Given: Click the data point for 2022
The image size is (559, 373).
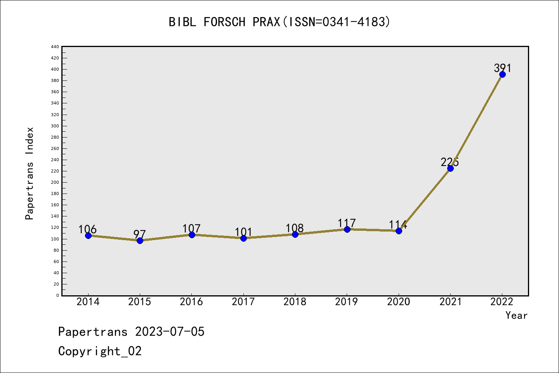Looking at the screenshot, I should tap(502, 75).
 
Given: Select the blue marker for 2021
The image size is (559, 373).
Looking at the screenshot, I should tap(450, 168).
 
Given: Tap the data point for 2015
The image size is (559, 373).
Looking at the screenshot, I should tap(140, 241).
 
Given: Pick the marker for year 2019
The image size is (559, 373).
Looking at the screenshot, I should tap(347, 229).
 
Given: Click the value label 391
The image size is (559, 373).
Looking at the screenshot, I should tap(503, 68).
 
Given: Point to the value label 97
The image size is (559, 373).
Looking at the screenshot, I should tap(140, 234).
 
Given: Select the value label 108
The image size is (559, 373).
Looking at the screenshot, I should tap(295, 228).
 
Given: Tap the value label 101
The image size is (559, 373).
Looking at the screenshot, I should tap(243, 232).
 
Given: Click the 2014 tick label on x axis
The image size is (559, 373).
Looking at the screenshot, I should tap(88, 302).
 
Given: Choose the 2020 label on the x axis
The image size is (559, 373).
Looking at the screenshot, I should tap(399, 302).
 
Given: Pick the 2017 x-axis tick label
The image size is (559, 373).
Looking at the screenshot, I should tap(243, 302).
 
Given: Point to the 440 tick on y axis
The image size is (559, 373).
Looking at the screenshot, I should tap(55, 47).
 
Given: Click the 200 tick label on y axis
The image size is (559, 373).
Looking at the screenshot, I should tap(55, 183).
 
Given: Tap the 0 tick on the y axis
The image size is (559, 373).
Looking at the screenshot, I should tap(57, 296).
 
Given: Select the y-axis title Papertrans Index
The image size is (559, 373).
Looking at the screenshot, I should tap(30, 173).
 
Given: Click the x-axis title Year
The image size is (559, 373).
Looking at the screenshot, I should tap(516, 315).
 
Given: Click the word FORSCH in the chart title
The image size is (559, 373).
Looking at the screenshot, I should tap(225, 22).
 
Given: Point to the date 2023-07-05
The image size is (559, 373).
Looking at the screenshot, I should tap(170, 332).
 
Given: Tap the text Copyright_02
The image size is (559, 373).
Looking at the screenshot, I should tap(100, 351).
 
